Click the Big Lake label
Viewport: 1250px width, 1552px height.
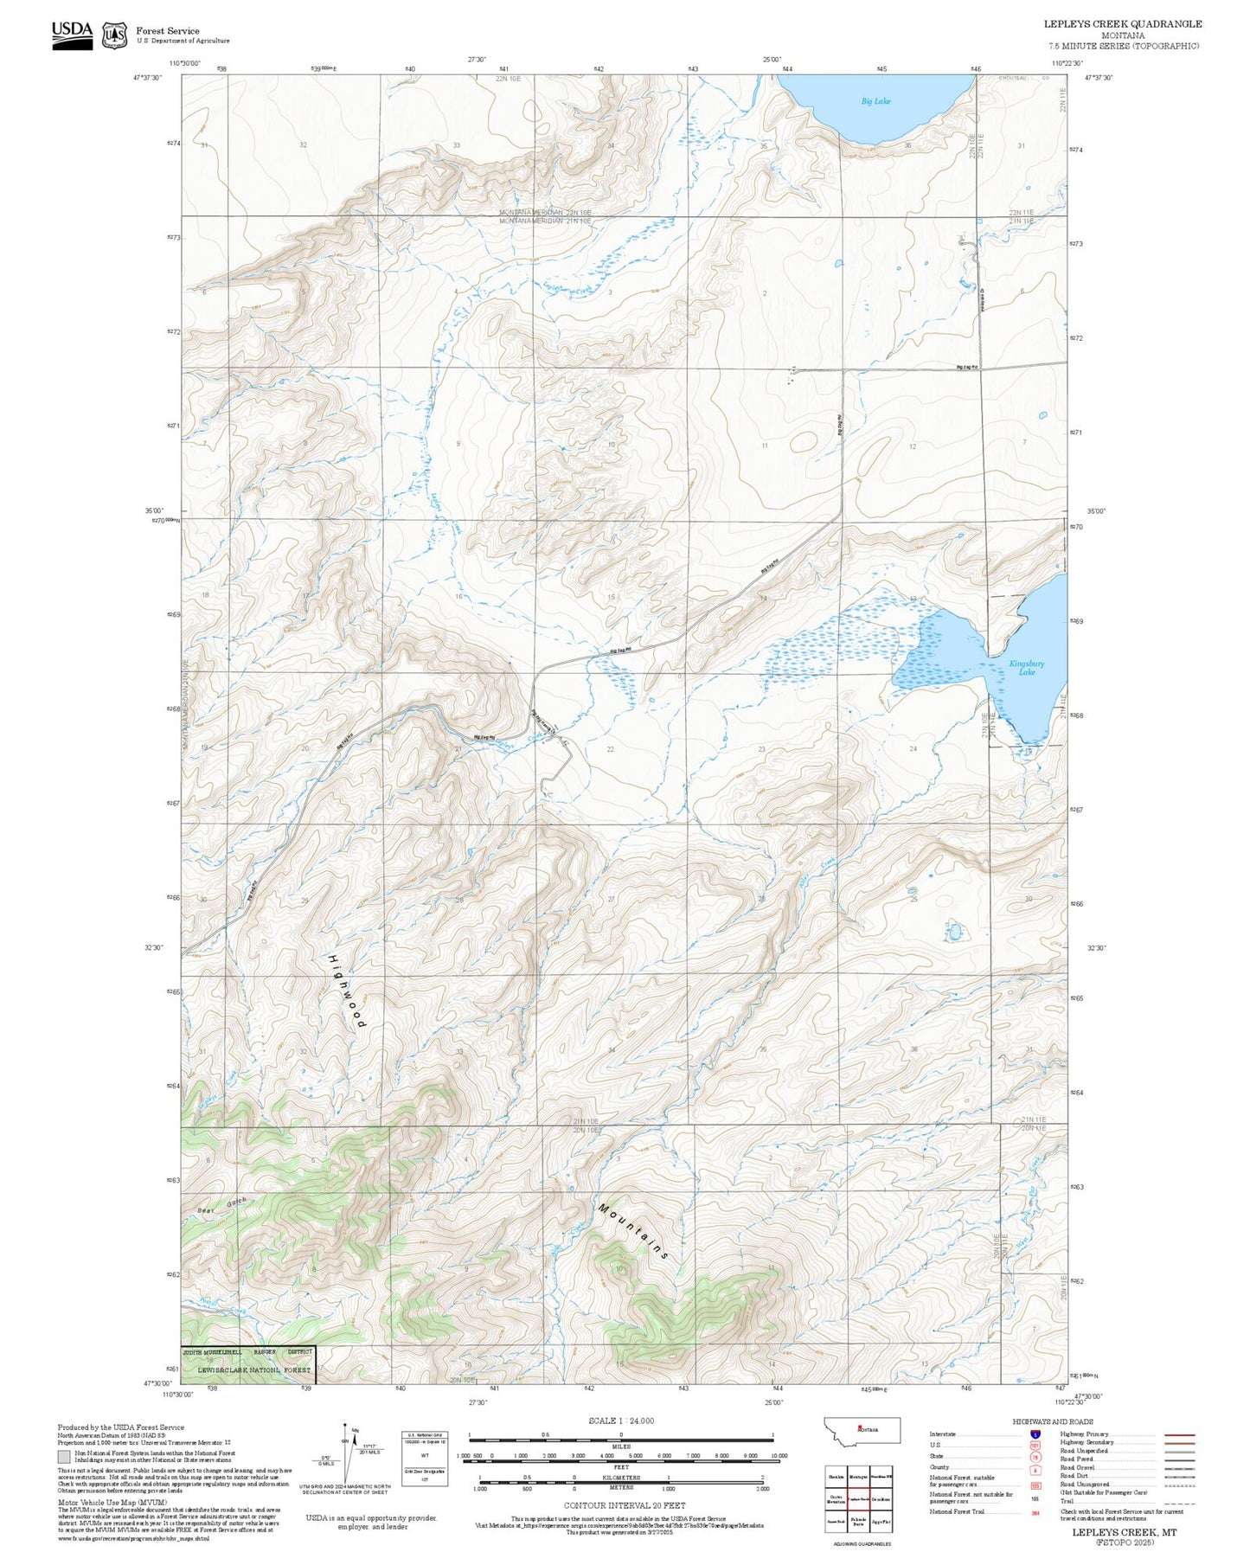tap(875, 101)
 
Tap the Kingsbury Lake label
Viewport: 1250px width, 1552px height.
tap(1026, 667)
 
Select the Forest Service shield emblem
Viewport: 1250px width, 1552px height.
tap(113, 35)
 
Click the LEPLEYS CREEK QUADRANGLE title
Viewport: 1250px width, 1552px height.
tap(1123, 24)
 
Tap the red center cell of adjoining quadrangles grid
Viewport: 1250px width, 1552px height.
tap(858, 1497)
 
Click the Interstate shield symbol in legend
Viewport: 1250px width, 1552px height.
tap(1035, 1434)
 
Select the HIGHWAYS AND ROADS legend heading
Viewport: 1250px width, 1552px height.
tap(1052, 1421)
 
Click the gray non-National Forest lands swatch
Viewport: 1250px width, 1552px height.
tap(64, 1457)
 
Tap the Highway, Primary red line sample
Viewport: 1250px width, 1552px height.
tap(1179, 1434)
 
